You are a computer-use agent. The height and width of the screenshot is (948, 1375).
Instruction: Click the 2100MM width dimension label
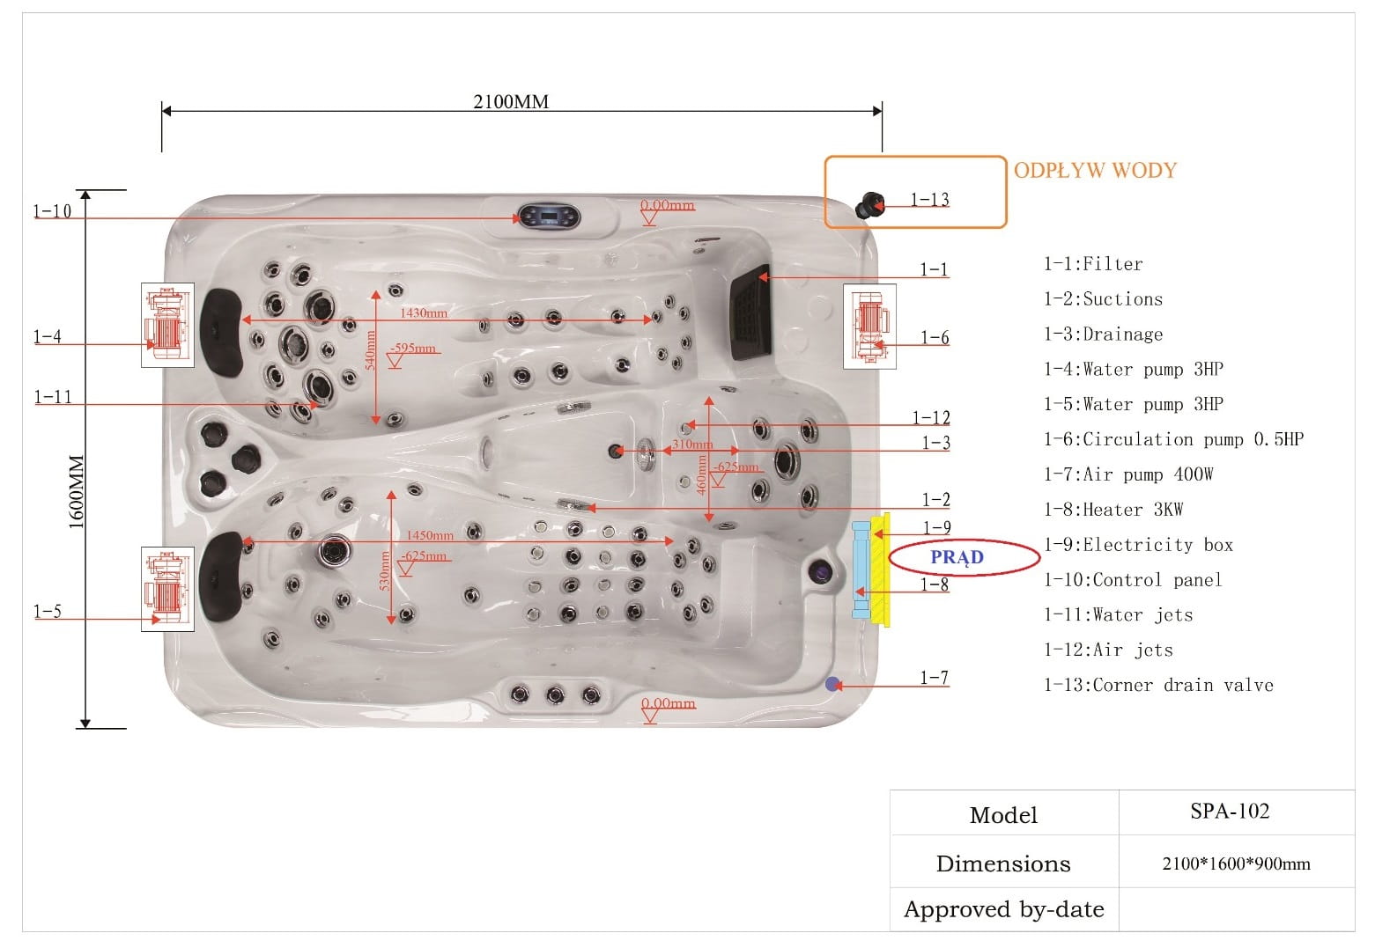[x=511, y=101]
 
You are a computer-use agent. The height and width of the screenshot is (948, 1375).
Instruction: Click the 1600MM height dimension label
[x=76, y=491]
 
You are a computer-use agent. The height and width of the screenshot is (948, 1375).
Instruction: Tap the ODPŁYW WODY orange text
[x=1095, y=170]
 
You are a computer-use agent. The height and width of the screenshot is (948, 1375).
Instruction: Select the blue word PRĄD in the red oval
[x=957, y=557]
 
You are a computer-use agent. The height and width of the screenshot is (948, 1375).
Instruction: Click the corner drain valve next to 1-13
[x=869, y=205]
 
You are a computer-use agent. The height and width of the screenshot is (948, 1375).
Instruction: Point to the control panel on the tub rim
[x=549, y=216]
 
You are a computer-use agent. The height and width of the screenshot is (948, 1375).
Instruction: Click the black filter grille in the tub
[x=750, y=313]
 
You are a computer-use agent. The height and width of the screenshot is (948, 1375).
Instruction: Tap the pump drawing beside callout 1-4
[x=167, y=325]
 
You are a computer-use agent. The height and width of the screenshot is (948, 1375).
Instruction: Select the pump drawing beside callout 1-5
[x=167, y=589]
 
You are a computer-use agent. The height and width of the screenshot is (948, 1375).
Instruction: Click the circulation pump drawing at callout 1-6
[x=869, y=327]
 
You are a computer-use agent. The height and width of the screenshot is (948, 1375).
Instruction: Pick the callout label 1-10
[x=52, y=211]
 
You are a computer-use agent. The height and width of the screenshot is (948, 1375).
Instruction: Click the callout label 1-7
[x=935, y=678]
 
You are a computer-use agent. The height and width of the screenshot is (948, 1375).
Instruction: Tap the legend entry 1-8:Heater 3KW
[x=1113, y=510]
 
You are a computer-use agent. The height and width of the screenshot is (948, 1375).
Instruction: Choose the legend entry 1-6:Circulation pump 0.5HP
[x=1173, y=438]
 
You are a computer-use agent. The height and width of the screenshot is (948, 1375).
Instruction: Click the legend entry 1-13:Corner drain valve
[x=1159, y=685]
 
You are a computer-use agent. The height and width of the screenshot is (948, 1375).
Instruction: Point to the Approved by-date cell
[x=1004, y=908]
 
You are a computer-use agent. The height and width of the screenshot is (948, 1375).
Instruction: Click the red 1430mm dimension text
[x=424, y=312]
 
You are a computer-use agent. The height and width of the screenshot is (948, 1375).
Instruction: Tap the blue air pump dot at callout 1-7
[x=832, y=684]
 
